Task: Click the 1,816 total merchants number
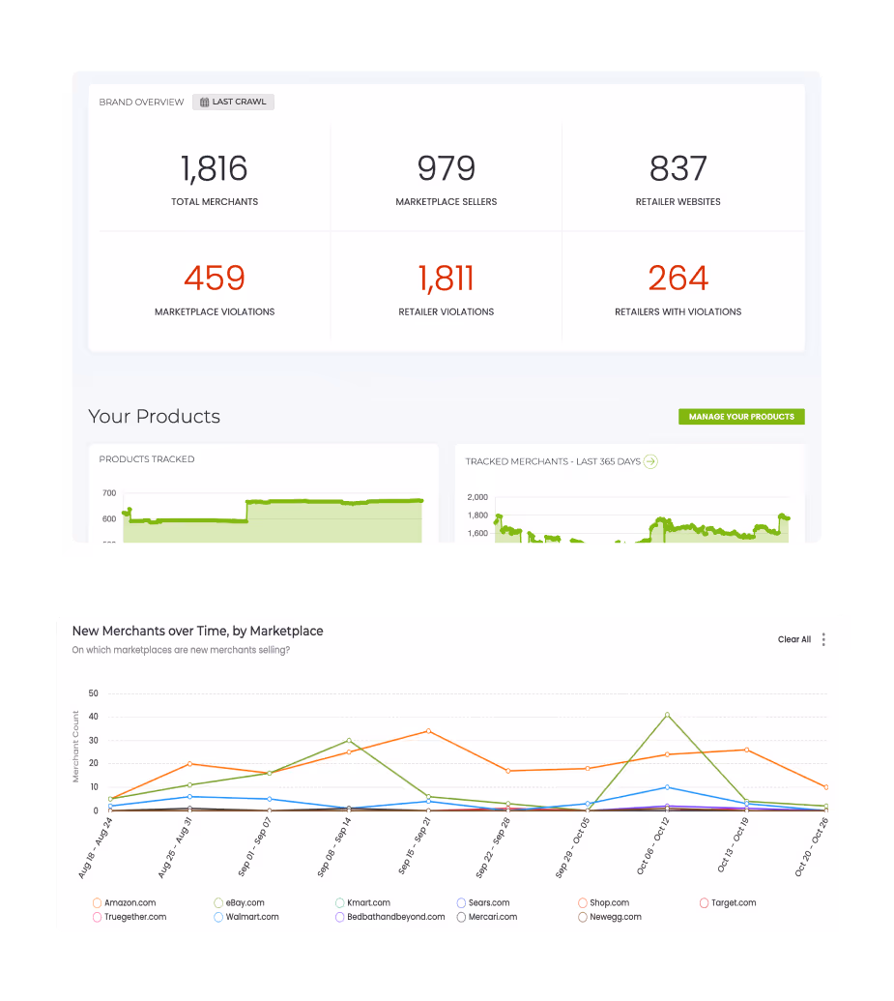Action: [214, 169]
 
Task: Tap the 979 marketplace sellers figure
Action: [447, 169]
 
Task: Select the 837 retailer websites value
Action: [678, 169]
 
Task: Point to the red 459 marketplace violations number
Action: [214, 279]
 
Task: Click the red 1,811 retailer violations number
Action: [447, 279]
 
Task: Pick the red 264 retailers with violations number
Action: [678, 279]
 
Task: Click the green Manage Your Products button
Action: [741, 417]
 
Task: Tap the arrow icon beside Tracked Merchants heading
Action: [650, 461]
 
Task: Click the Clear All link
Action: [794, 639]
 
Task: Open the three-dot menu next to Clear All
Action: [823, 639]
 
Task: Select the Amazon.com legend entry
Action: [129, 903]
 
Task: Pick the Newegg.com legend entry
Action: [615, 917]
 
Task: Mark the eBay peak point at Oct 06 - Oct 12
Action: [667, 715]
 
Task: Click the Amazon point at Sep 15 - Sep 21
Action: [428, 731]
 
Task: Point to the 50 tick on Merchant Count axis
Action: [94, 693]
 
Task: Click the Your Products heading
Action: [155, 417]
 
